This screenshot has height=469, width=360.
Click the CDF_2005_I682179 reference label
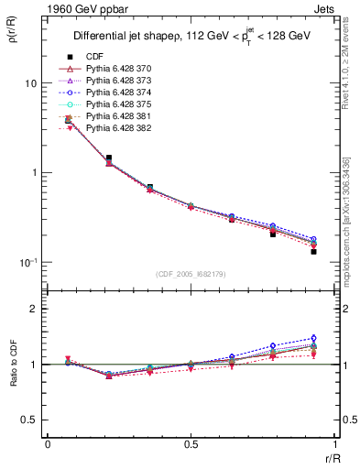(x=191, y=275)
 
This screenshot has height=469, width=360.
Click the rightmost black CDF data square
(x=313, y=251)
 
